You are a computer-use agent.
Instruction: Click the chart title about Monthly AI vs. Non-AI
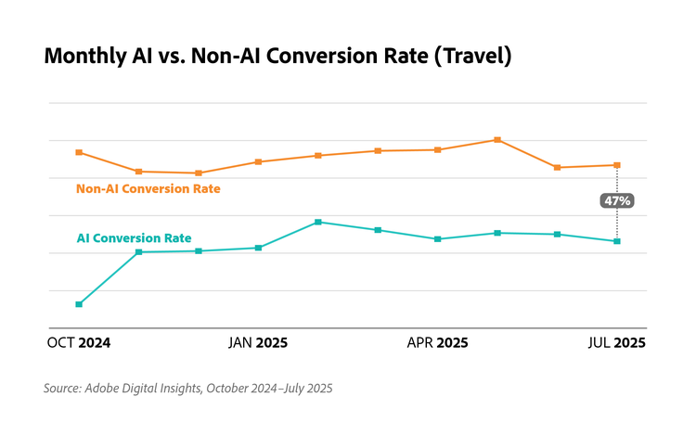click(x=277, y=56)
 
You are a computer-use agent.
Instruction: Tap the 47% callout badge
click(x=617, y=200)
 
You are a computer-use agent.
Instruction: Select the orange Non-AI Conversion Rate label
click(x=148, y=188)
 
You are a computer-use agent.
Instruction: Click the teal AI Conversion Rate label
click(x=134, y=238)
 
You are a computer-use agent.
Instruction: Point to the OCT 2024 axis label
click(x=79, y=343)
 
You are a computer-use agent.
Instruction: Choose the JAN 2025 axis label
click(x=258, y=343)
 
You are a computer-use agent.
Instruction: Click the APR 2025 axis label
click(x=437, y=343)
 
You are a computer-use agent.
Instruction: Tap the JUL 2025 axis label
click(x=617, y=343)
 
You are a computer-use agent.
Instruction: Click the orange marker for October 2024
click(x=79, y=152)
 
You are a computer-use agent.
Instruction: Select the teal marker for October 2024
click(x=79, y=304)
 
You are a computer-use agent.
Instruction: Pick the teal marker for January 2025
click(x=258, y=248)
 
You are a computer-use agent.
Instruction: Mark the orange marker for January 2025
click(x=258, y=161)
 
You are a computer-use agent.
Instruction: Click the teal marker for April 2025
click(x=437, y=238)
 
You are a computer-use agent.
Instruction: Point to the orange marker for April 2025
click(x=437, y=149)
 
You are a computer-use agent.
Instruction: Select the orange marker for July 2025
click(x=617, y=165)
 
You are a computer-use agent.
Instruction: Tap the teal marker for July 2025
click(x=617, y=241)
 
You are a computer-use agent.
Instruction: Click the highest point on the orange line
click(x=497, y=140)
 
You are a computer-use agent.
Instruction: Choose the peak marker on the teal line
click(x=317, y=222)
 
